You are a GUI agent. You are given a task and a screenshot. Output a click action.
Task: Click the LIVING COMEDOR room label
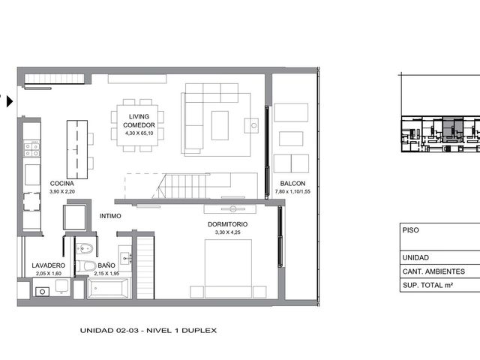pyautogui.click(x=139, y=121)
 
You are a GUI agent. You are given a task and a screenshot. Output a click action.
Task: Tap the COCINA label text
pyautogui.click(x=61, y=183)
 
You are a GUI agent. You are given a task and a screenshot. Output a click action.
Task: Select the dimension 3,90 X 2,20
pyautogui.click(x=62, y=192)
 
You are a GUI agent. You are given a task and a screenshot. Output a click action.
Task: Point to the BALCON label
pyautogui.click(x=292, y=183)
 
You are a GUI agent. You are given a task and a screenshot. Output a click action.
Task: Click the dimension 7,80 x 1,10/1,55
pyautogui.click(x=292, y=192)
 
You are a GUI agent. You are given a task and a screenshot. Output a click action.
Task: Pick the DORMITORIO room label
pyautogui.click(x=228, y=224)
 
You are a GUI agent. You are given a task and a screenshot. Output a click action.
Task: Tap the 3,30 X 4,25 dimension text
pyautogui.click(x=228, y=232)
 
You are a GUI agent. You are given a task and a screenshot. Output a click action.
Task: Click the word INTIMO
pyautogui.click(x=110, y=216)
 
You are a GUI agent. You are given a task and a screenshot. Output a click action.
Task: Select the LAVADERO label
pyautogui.click(x=48, y=265)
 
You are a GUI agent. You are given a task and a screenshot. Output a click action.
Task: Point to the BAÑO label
pyautogui.click(x=106, y=265)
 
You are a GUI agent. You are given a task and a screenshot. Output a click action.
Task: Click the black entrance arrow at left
pyautogui.click(x=10, y=101)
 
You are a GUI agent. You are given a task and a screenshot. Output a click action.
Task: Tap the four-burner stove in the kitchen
pyautogui.click(x=31, y=149)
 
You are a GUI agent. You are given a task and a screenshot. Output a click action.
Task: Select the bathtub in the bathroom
pyautogui.click(x=108, y=288)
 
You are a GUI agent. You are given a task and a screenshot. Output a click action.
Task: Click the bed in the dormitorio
pyautogui.click(x=228, y=268)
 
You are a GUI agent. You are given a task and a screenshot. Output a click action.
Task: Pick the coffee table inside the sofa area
pyautogui.click(x=220, y=125)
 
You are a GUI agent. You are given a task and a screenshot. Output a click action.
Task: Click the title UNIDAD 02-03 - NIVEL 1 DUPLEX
pyautogui.click(x=148, y=330)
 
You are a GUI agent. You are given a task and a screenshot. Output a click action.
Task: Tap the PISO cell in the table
pyautogui.click(x=410, y=230)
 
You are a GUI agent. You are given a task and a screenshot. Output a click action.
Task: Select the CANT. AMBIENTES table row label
pyautogui.click(x=433, y=271)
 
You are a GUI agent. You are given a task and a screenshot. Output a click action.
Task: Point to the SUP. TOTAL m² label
pyautogui.click(x=427, y=285)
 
